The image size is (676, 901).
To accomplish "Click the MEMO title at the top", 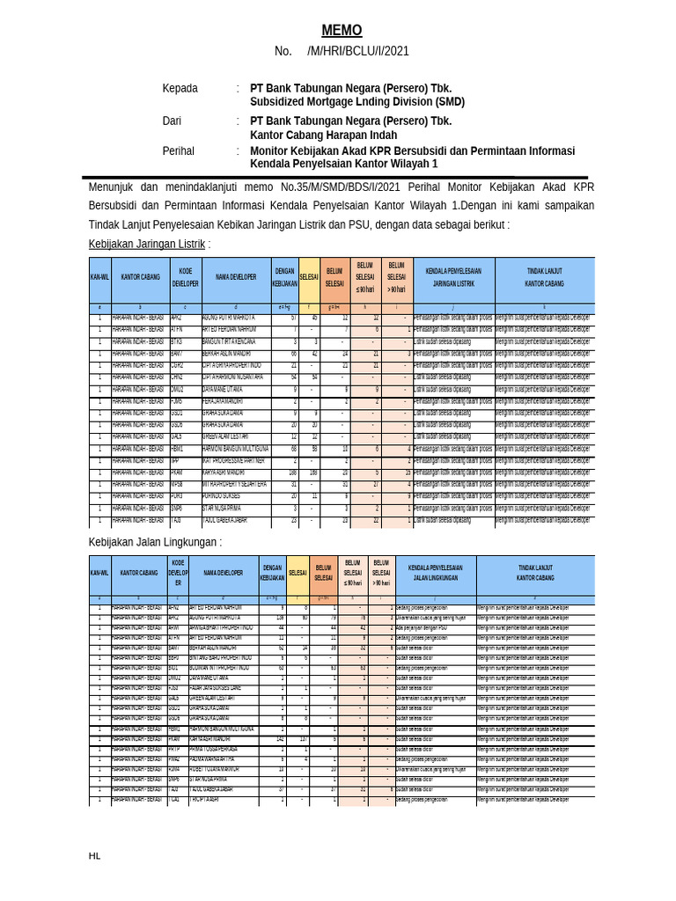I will click(x=341, y=31).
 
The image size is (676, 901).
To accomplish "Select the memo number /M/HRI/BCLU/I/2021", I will click(x=358, y=52).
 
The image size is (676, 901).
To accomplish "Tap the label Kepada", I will click(x=180, y=89).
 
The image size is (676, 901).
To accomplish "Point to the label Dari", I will click(x=173, y=121).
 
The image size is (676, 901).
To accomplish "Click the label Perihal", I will click(x=178, y=151).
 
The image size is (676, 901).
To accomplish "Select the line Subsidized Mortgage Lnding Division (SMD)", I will click(x=357, y=102).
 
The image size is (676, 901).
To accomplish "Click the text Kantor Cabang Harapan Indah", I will click(x=323, y=136).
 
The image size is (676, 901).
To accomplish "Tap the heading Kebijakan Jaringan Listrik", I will click(x=147, y=244).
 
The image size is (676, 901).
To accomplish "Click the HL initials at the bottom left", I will click(x=94, y=855).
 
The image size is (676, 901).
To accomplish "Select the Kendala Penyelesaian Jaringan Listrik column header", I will click(x=453, y=277).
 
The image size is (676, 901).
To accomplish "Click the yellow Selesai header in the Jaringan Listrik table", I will click(x=309, y=277).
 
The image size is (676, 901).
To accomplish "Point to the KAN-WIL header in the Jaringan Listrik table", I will click(x=99, y=277).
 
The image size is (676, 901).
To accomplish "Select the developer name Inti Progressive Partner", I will click(x=233, y=460).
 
